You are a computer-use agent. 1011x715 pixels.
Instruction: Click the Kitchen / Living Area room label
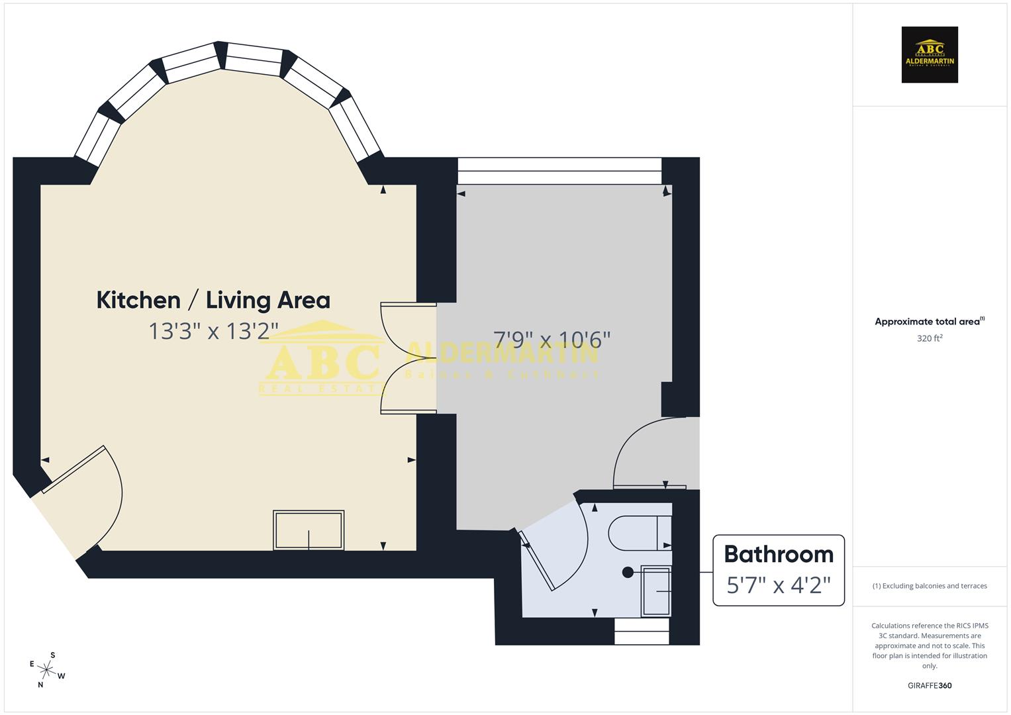point(213,300)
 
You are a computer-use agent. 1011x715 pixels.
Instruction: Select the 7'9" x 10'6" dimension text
point(552,340)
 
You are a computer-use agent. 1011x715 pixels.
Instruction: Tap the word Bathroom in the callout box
point(778,554)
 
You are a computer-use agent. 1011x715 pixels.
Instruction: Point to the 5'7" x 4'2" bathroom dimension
point(778,585)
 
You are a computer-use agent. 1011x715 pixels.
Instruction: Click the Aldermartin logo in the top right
point(930,55)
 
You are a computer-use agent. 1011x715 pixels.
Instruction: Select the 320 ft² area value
point(930,338)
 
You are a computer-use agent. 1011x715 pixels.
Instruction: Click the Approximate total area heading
point(927,322)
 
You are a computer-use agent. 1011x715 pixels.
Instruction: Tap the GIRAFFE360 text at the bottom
point(930,685)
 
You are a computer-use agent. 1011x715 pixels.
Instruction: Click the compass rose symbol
point(47,670)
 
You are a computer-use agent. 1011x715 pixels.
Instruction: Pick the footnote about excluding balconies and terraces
point(930,586)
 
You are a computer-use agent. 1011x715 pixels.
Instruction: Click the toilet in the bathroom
point(639,533)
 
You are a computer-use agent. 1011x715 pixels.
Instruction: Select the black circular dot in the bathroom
point(628,572)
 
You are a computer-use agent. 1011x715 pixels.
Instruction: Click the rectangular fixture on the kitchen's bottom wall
point(309,530)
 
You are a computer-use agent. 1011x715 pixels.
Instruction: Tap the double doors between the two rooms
point(409,358)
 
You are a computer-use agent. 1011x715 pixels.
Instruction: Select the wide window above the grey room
point(559,171)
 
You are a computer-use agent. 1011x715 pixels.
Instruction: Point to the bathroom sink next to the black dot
point(656,591)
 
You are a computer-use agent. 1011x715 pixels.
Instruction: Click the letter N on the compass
point(40,685)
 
